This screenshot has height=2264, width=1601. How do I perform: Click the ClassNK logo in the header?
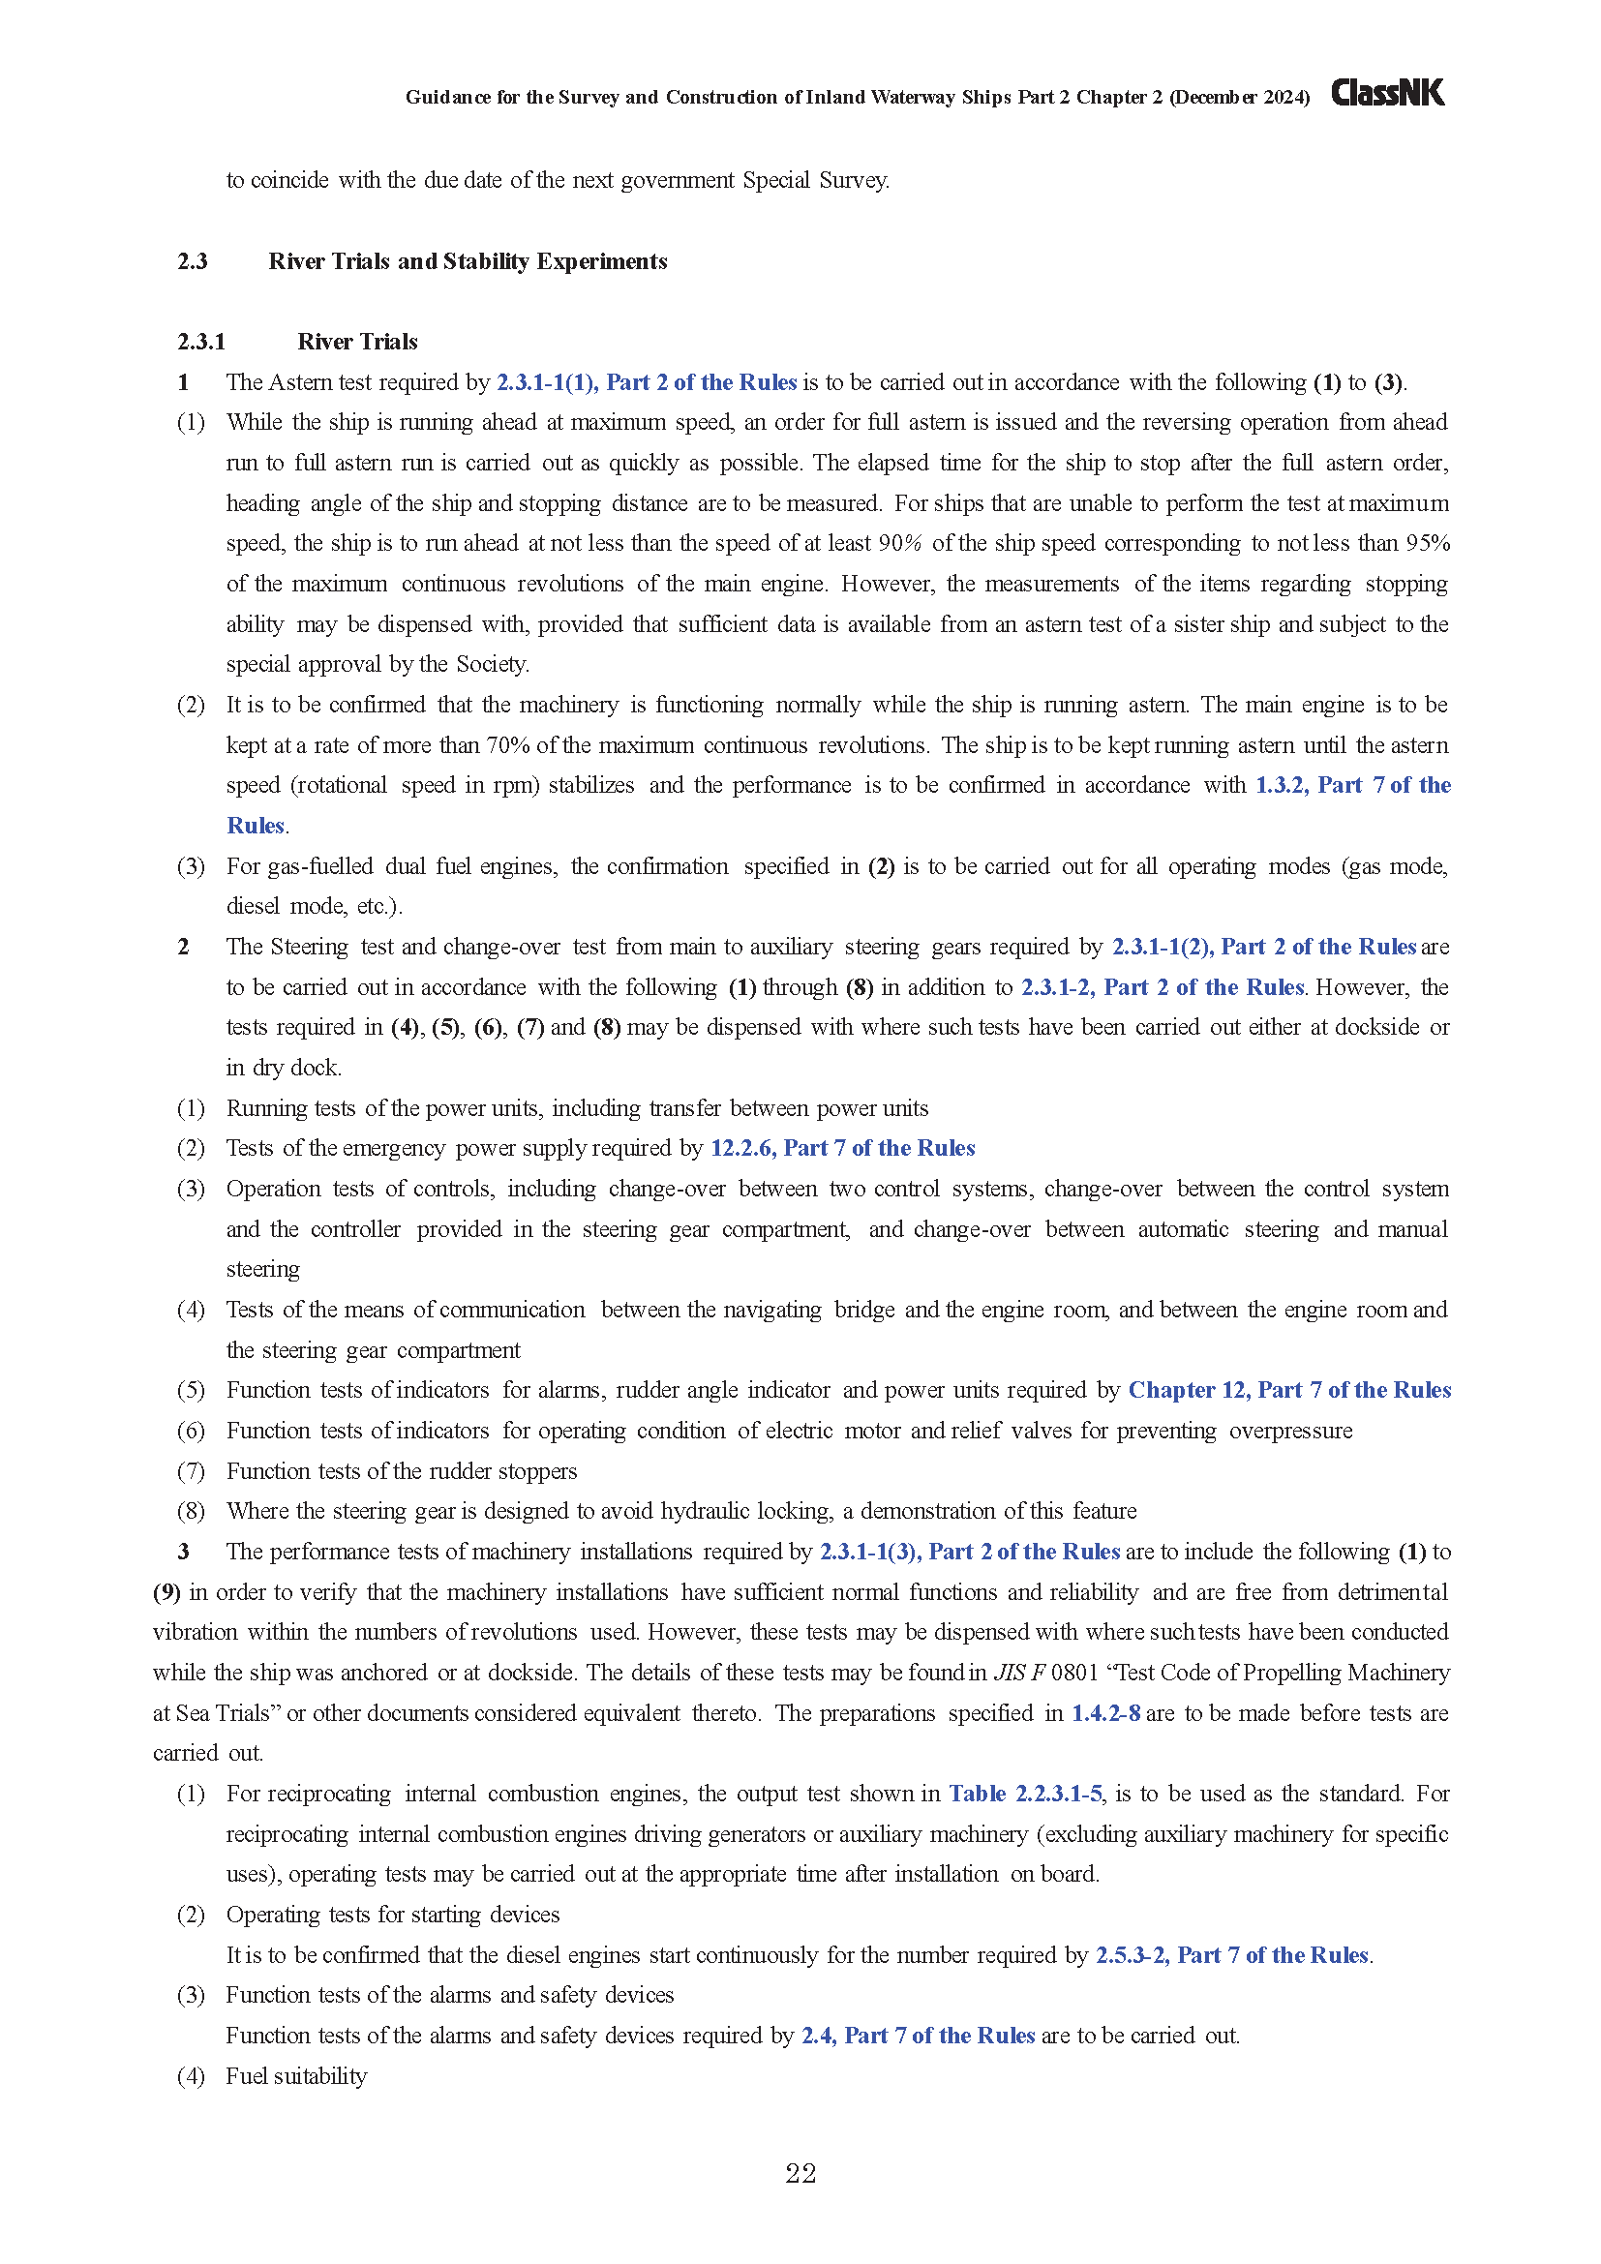coord(1387,93)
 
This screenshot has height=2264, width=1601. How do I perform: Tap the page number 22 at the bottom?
coord(800,2173)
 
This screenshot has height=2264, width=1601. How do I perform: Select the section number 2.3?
coord(193,261)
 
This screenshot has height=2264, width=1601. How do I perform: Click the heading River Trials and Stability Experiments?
coord(468,261)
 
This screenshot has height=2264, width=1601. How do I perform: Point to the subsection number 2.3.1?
coord(201,342)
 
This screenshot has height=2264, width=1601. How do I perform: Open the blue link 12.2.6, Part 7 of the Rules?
coord(842,1148)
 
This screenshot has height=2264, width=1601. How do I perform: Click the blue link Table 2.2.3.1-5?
coord(1024,1794)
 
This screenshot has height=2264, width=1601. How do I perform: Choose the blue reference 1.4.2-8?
coord(1105,1713)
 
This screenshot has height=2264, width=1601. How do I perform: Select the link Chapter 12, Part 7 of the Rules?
coord(1288,1390)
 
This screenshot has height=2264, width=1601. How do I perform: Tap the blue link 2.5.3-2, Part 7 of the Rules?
coord(1232,1955)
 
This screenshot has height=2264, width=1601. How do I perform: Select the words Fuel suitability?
coord(296,2076)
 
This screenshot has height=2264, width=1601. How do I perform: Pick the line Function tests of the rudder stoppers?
coord(402,1471)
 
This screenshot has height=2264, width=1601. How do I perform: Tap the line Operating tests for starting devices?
coord(392,1915)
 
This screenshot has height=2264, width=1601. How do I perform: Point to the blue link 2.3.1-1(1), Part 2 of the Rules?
coord(646,382)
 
